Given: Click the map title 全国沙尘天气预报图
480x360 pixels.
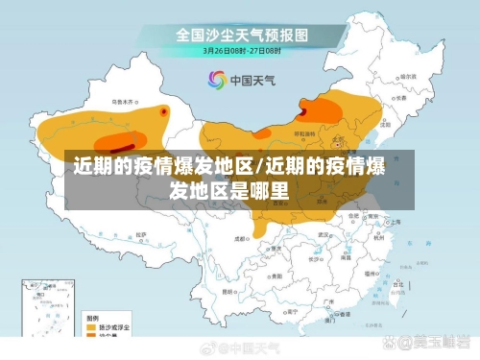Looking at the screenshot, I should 241,35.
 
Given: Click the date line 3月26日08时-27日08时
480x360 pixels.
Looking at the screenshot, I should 241,50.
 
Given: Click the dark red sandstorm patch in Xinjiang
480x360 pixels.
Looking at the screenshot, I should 164,111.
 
